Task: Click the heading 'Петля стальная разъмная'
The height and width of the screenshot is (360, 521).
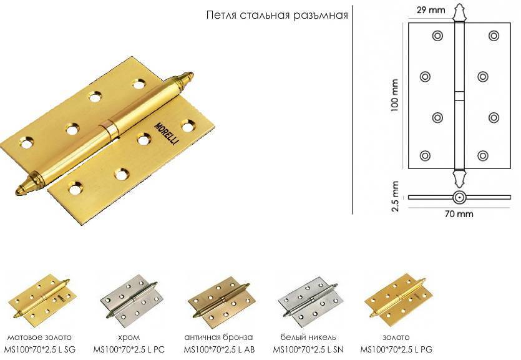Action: click(x=277, y=15)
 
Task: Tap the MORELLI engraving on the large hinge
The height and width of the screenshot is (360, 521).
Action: click(x=167, y=134)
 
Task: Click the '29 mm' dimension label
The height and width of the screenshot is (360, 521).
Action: click(x=431, y=9)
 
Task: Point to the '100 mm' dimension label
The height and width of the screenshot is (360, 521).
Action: click(x=395, y=95)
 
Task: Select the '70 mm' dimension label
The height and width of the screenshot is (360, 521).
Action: click(x=459, y=214)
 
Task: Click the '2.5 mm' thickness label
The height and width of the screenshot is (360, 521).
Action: click(x=395, y=197)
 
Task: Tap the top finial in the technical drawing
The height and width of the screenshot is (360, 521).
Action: click(x=459, y=12)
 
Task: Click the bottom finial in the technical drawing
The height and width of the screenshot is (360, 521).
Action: click(x=459, y=179)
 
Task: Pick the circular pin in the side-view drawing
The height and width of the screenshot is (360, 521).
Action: click(x=459, y=197)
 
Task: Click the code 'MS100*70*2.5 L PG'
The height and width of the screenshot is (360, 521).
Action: click(x=396, y=349)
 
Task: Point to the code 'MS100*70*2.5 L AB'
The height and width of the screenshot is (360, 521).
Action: click(x=219, y=349)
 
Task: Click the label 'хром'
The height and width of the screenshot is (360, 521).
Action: click(x=129, y=338)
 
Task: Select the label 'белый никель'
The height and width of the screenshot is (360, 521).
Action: click(x=308, y=338)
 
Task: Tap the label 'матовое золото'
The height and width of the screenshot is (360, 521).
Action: click(x=39, y=338)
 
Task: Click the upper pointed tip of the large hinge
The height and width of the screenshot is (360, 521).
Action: click(x=192, y=74)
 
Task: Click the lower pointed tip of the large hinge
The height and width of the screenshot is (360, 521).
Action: click(x=16, y=193)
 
